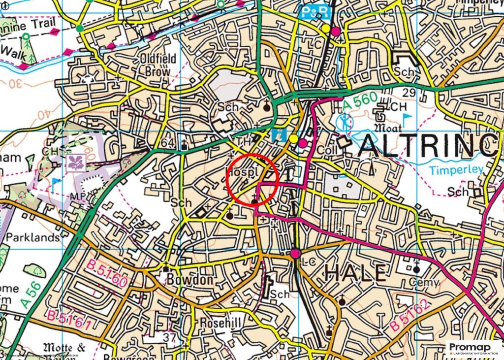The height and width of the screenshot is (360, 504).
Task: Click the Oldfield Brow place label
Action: click(158, 65)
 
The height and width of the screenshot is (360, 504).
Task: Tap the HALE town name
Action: click(355, 273)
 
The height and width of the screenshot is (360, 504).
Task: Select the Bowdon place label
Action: click(189, 280)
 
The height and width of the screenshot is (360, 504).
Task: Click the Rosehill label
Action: click(220, 322)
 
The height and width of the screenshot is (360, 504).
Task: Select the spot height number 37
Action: click(170, 337)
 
